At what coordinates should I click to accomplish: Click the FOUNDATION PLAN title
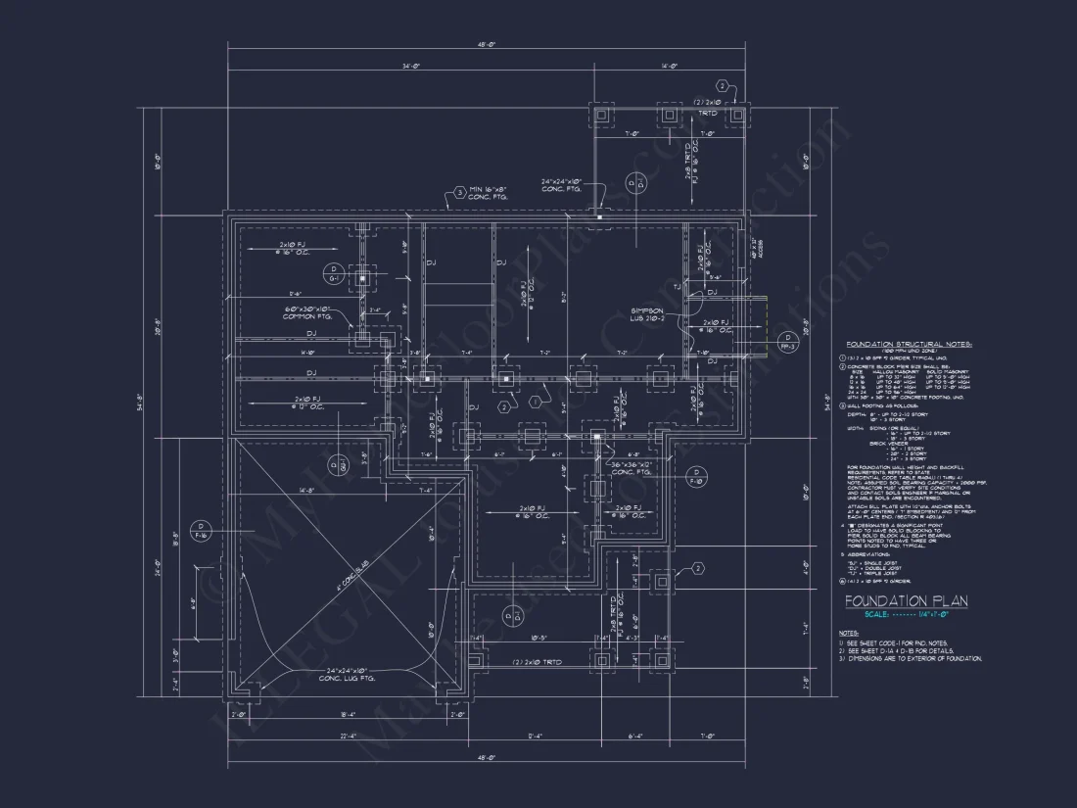click(x=906, y=600)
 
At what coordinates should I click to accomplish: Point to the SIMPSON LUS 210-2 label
click(x=648, y=312)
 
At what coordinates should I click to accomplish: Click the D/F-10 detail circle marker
click(x=697, y=477)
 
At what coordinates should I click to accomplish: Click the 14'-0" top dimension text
click(x=670, y=67)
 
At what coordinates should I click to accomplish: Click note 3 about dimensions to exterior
click(x=911, y=659)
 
